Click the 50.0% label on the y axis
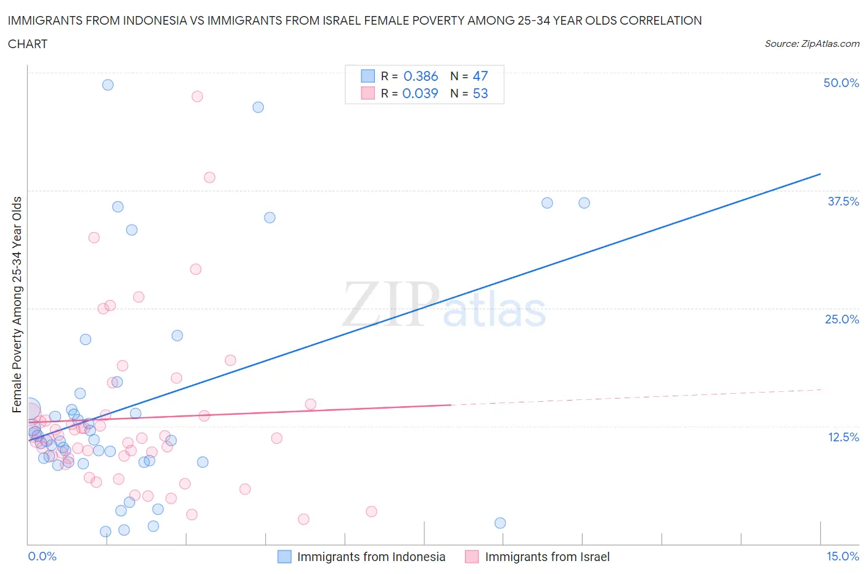click(841, 83)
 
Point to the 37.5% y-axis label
click(843, 201)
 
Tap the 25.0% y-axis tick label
click(842, 319)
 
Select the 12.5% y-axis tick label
click(843, 437)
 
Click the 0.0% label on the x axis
click(42, 556)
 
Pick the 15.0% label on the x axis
click(842, 556)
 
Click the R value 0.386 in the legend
click(421, 76)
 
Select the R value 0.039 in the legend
click(420, 93)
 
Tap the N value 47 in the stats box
click(480, 76)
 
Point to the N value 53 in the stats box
click(480, 93)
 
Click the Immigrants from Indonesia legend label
click(371, 557)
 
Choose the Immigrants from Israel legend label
click(547, 557)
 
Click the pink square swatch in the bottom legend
click(472, 557)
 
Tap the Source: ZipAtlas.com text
click(812, 44)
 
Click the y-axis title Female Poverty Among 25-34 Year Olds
click(17, 304)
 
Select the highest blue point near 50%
click(108, 85)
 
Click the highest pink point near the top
click(197, 96)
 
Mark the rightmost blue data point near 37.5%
click(584, 203)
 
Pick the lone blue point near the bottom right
click(500, 523)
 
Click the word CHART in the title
click(28, 44)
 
